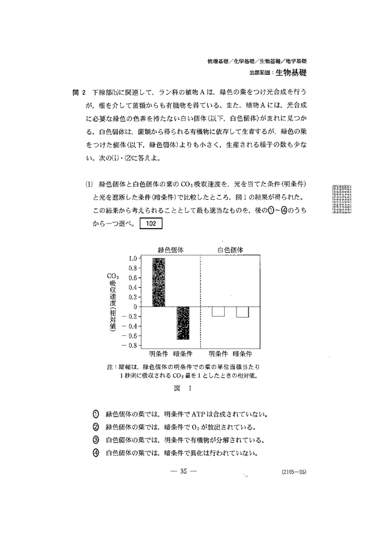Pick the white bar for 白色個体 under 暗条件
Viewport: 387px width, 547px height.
click(242, 312)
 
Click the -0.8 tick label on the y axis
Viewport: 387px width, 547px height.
click(129, 345)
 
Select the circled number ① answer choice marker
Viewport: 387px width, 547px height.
click(96, 414)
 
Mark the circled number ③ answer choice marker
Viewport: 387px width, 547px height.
click(96, 440)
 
